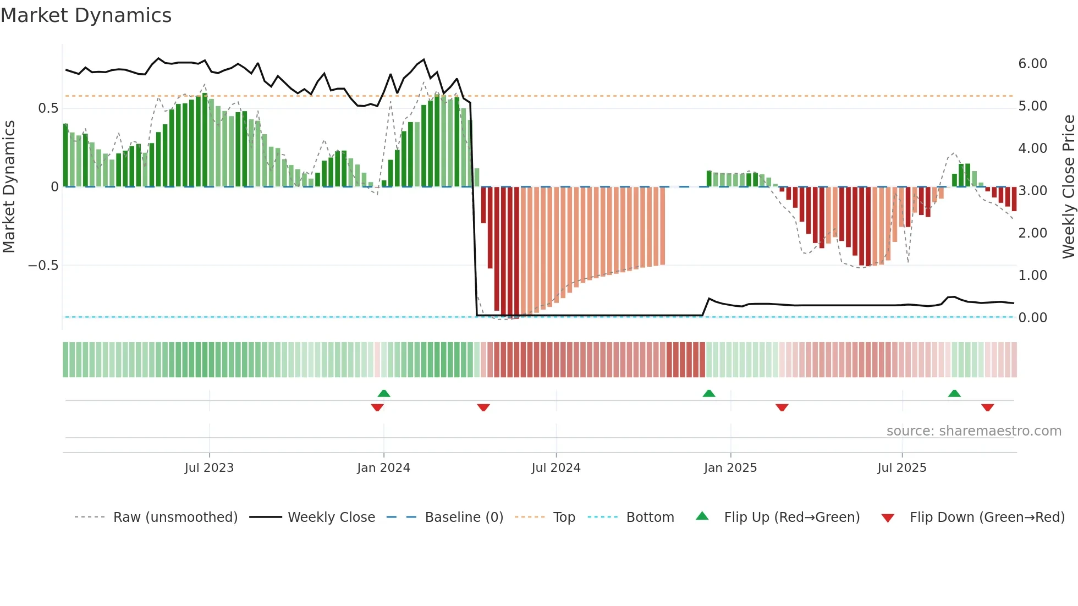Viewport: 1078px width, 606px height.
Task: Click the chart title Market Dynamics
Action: (x=86, y=15)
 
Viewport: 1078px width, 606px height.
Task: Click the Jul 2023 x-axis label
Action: (x=209, y=468)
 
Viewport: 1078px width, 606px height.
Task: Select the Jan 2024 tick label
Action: (x=383, y=468)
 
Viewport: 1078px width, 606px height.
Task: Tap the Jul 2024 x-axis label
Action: (x=555, y=468)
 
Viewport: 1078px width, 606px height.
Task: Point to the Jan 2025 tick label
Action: (x=730, y=468)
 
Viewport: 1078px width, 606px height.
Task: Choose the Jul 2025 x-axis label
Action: (x=901, y=468)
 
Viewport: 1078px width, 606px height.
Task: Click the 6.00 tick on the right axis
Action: (x=1032, y=64)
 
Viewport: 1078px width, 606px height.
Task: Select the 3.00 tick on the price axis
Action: (x=1032, y=191)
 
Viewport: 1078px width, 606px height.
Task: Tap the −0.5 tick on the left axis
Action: (x=43, y=266)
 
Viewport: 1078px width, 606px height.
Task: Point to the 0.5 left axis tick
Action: (x=48, y=108)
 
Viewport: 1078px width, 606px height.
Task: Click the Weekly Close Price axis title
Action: (x=1068, y=186)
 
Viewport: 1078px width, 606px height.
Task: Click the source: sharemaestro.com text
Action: (x=974, y=431)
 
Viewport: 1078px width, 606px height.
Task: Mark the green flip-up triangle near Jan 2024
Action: (x=384, y=394)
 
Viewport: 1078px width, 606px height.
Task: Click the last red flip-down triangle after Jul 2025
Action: (x=987, y=407)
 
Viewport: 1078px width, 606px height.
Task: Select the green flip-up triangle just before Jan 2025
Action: (x=709, y=394)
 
